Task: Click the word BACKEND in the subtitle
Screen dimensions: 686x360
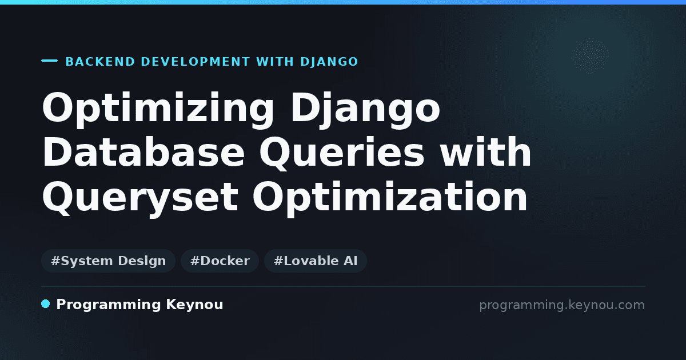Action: (x=100, y=62)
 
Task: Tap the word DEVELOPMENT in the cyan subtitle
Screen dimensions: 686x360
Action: (x=196, y=62)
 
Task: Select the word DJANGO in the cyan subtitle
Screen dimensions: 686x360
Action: (x=329, y=62)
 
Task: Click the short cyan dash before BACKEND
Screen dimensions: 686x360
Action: (x=49, y=61)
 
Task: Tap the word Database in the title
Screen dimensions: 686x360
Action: (x=143, y=151)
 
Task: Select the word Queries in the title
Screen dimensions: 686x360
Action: (x=342, y=153)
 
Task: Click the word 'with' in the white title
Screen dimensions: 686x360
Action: (x=485, y=151)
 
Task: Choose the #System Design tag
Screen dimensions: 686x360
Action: (x=108, y=261)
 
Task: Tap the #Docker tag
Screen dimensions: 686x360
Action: (x=220, y=261)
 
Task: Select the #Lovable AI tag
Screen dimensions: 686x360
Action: (x=316, y=261)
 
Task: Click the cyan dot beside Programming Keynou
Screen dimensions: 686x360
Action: (x=46, y=304)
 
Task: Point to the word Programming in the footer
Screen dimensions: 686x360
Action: (x=109, y=305)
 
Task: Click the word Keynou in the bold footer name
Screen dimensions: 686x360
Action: (x=194, y=305)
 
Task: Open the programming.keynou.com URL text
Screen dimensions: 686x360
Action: (x=562, y=306)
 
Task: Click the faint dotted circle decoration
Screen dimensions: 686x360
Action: (x=590, y=56)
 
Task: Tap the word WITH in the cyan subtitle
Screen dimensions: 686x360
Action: (x=275, y=62)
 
